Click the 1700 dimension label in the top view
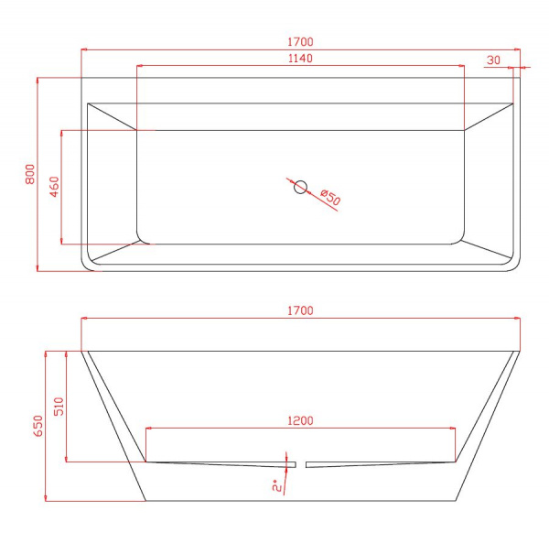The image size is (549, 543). (x=300, y=42)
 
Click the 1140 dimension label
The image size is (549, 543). (x=300, y=59)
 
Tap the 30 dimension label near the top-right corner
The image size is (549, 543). (x=493, y=60)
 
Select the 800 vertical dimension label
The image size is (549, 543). (x=30, y=174)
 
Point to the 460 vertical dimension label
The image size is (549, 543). (x=54, y=187)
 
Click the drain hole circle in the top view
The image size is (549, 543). (x=300, y=187)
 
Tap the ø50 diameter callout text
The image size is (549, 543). (x=330, y=198)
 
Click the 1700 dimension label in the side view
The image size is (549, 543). (x=300, y=310)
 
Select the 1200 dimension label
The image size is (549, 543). (x=300, y=420)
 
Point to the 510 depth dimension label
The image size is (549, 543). (x=59, y=407)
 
